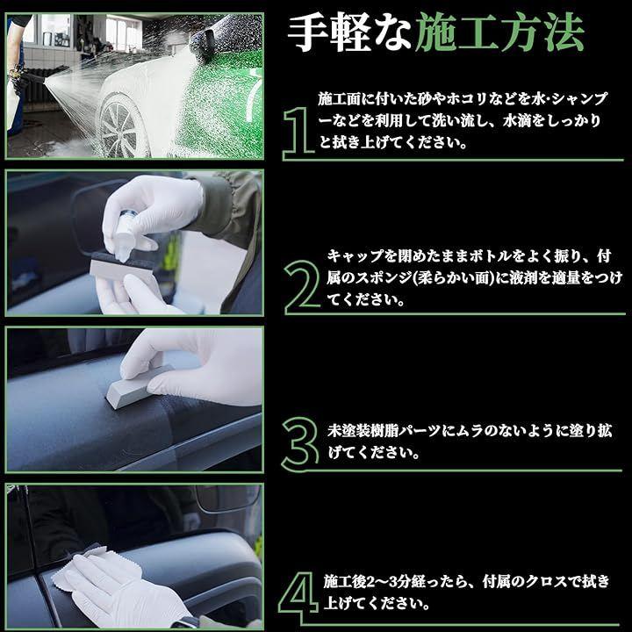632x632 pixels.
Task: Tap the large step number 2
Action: click(301, 287)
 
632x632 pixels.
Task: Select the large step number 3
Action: click(300, 444)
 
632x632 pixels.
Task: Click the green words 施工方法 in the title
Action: click(499, 33)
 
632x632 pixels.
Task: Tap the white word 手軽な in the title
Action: click(348, 33)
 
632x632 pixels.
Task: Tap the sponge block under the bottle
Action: click(121, 267)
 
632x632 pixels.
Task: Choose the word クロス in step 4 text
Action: click(544, 582)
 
